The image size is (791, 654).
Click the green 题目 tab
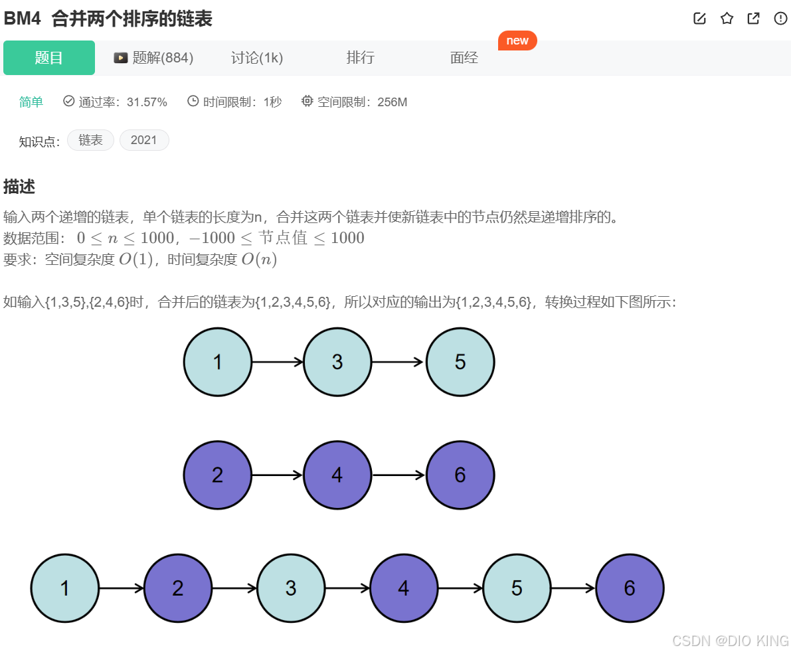pos(49,58)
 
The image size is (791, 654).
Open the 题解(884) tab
pos(154,58)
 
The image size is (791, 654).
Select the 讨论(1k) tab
pos(257,58)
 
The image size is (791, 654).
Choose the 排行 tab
pos(360,58)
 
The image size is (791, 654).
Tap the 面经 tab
pos(464,58)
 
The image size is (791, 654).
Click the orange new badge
pos(517,41)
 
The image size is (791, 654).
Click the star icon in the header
pos(727,19)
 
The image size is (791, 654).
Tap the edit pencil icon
pos(699,19)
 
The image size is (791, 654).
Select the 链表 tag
pos(90,140)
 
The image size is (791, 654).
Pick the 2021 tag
pos(144,140)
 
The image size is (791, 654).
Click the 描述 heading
pos(19,187)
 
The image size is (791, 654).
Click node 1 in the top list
pos(218,362)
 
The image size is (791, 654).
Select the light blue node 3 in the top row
pos(337,362)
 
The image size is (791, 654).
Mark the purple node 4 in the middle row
pos(337,475)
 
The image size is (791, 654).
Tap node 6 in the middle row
pos(460,475)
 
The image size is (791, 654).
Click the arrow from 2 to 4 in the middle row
pos(278,475)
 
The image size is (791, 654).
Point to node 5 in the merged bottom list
pos(517,588)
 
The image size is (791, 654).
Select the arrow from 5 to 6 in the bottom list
pos(573,588)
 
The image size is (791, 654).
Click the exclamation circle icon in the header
pos(780,19)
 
